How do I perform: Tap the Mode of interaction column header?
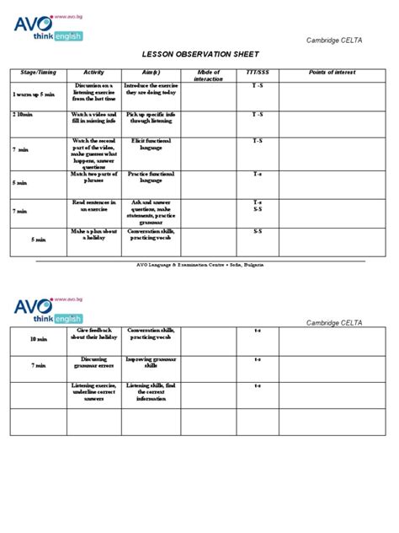(209, 76)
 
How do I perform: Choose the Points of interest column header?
(333, 73)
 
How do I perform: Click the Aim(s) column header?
(152, 73)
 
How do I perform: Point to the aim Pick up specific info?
(151, 117)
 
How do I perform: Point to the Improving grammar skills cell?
(151, 363)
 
